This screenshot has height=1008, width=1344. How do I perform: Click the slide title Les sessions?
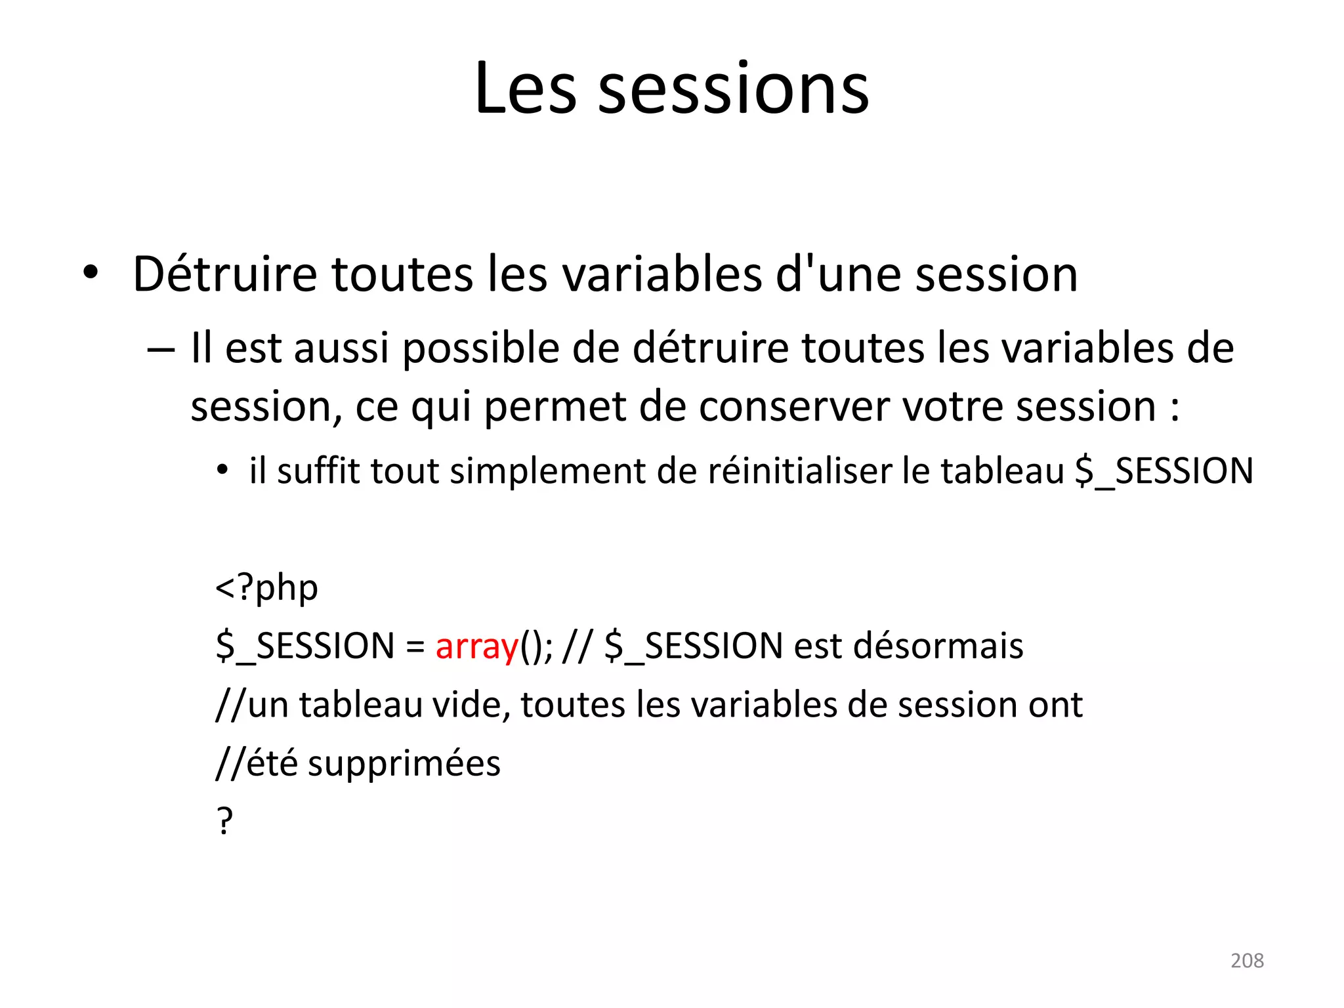[671, 89]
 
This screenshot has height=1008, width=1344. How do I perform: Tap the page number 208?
[1247, 961]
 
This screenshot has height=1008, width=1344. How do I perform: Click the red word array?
[477, 646]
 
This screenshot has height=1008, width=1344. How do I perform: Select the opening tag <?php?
[266, 587]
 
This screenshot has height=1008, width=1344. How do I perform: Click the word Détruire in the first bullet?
[225, 274]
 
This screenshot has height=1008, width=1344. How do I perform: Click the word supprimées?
[404, 764]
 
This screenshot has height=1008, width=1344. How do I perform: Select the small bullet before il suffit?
[223, 471]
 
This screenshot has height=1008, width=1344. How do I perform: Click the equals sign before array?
[415, 647]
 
